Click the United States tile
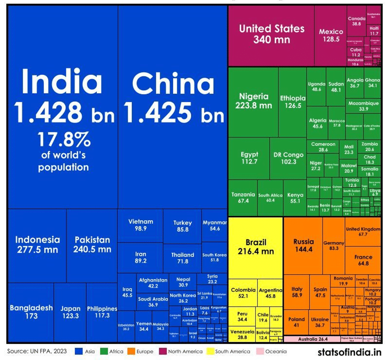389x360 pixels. pos(271,34)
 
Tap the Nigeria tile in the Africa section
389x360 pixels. pos(253,101)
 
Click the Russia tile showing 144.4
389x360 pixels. pos(303,245)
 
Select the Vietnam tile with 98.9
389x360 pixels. pos(140,225)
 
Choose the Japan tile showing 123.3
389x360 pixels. pos(70,312)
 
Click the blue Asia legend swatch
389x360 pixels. pos(78,351)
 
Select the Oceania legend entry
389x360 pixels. pos(274,351)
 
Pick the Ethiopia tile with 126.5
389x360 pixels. pos(293,102)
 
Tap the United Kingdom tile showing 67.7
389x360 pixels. pos(363,231)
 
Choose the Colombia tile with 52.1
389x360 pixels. pos(243,292)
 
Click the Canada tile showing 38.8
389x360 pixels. pos(356,21)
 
